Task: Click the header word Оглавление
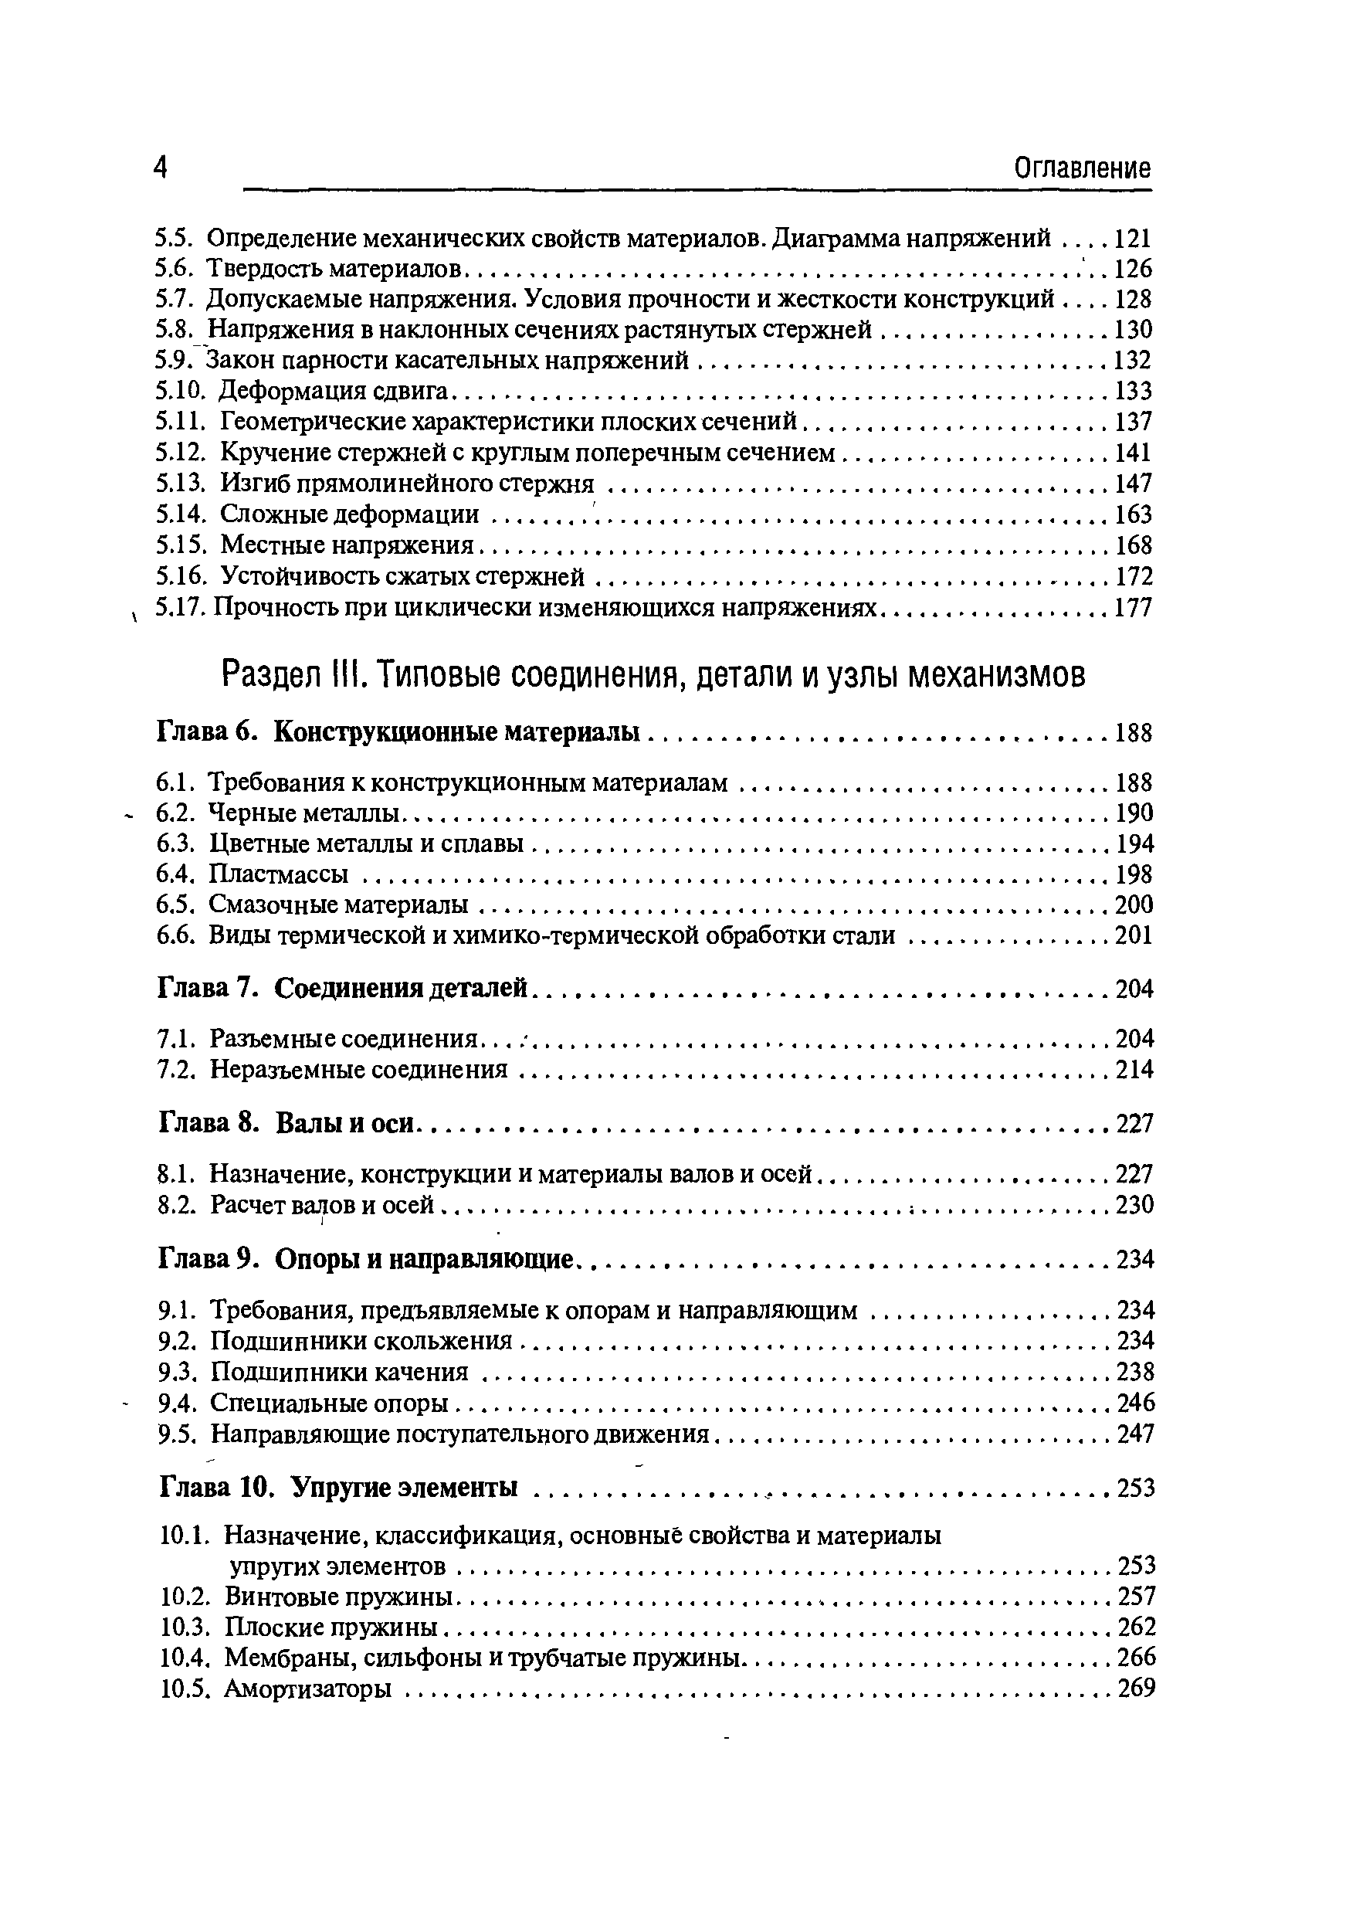1083,169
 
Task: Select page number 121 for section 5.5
1134,239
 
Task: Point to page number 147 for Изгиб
1134,483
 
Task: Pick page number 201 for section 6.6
1134,935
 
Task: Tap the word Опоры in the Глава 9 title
315,1259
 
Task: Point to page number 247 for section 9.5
1135,1434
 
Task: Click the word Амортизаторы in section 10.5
308,1689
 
